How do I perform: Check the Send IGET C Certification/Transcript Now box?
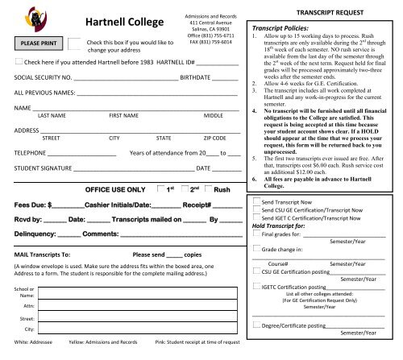click(256, 217)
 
